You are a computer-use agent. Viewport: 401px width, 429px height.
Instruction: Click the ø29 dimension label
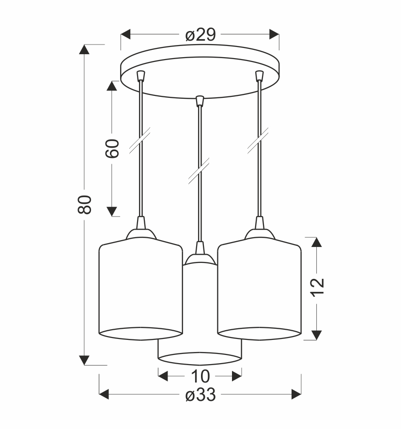click(x=200, y=35)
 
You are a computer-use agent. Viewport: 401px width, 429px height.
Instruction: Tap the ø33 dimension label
click(x=200, y=395)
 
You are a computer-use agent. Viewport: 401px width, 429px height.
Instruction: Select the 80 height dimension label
click(x=85, y=204)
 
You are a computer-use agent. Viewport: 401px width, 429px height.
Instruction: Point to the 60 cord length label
click(x=112, y=149)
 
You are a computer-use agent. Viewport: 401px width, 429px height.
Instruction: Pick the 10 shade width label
click(x=200, y=377)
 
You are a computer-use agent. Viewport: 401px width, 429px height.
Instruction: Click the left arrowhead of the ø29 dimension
click(x=125, y=34)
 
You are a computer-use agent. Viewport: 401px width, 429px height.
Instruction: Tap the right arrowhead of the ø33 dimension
click(x=296, y=394)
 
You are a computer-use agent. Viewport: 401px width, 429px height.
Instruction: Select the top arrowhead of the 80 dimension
click(x=84, y=49)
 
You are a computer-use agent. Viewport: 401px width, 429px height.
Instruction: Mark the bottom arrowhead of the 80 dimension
click(x=84, y=360)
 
